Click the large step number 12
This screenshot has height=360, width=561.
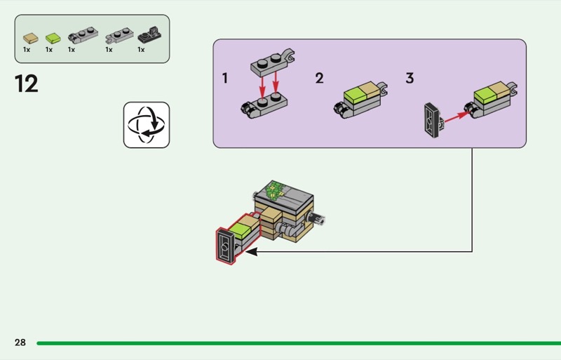click(x=27, y=84)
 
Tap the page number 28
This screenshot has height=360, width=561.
click(x=20, y=342)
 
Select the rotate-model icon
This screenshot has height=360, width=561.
click(x=147, y=125)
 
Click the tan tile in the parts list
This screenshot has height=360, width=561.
click(x=31, y=38)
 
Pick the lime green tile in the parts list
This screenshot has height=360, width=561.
click(x=53, y=38)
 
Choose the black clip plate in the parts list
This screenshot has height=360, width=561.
click(x=149, y=35)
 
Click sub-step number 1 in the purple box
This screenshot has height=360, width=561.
click(x=224, y=78)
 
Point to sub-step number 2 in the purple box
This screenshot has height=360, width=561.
click(x=319, y=78)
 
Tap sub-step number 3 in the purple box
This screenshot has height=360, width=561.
click(x=410, y=78)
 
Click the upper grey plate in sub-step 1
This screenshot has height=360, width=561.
click(x=273, y=63)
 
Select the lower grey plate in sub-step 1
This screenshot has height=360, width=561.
click(x=264, y=105)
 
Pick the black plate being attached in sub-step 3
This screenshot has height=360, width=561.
click(x=433, y=121)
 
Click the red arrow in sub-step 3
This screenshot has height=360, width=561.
click(x=457, y=116)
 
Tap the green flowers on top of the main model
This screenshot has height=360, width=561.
click(x=275, y=190)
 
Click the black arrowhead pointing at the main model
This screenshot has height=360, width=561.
click(x=252, y=251)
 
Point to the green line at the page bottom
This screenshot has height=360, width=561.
click(x=299, y=343)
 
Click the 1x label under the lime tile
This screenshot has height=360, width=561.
click(x=49, y=49)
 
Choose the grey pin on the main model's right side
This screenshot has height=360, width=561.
click(x=317, y=218)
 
